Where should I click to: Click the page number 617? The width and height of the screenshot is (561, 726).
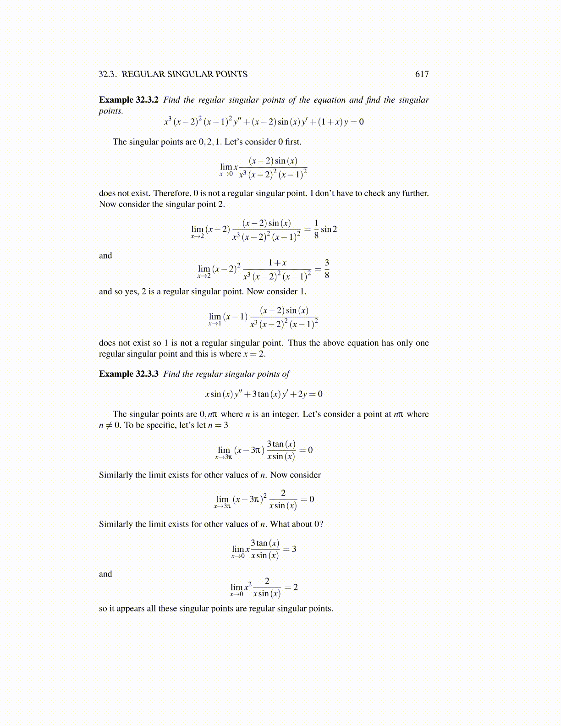422,74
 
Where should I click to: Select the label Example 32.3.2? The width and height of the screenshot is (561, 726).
129,100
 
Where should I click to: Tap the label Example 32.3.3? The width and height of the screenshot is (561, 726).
129,374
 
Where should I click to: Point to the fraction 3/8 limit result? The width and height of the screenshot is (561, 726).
326,269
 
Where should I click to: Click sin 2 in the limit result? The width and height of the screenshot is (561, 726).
329,229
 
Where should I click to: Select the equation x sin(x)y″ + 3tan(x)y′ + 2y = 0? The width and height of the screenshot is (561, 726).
264,394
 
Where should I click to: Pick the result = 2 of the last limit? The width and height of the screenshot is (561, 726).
291,588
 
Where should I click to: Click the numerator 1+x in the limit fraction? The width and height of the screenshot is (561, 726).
277,263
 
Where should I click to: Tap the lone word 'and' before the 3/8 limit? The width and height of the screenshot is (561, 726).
105,256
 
